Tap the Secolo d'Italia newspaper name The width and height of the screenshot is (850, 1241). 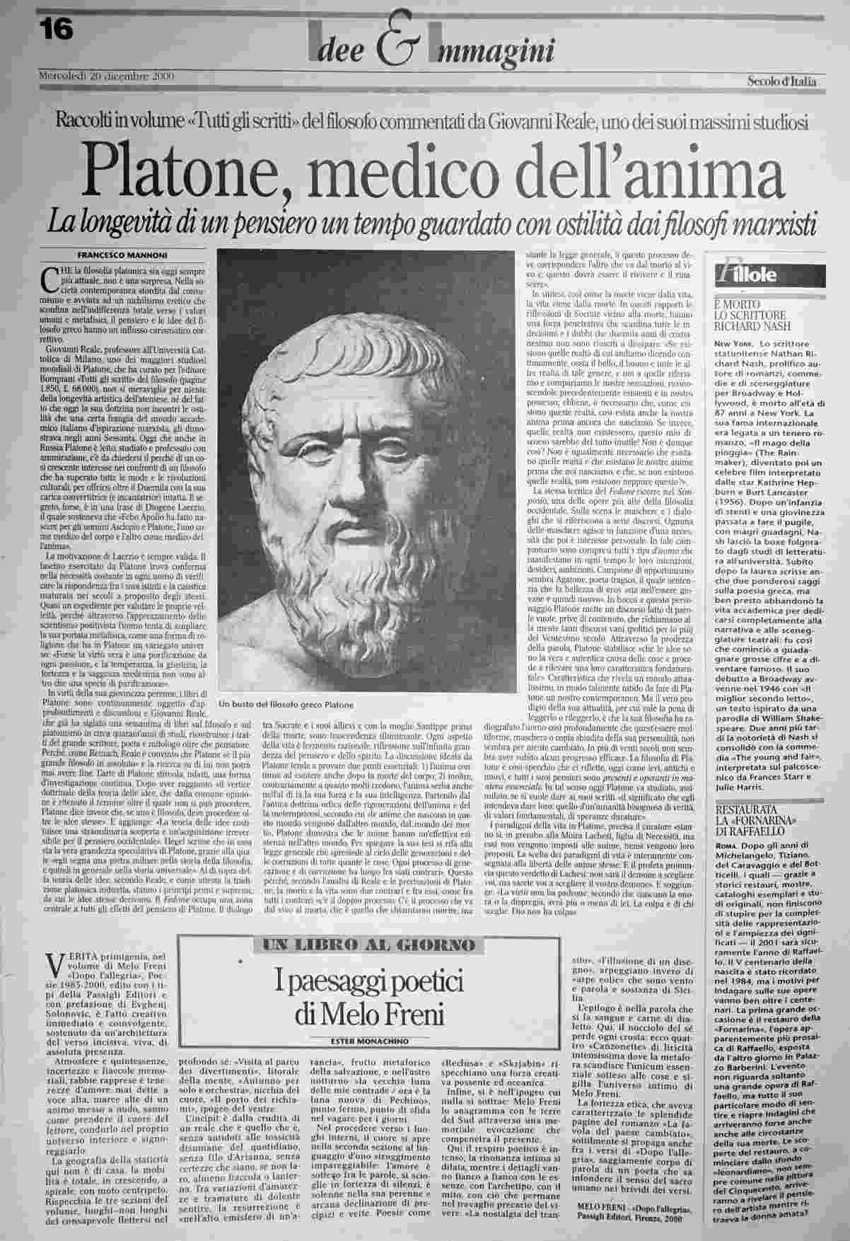(x=781, y=81)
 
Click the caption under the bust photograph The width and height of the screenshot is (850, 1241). (x=286, y=705)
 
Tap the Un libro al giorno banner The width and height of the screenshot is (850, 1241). (x=368, y=945)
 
